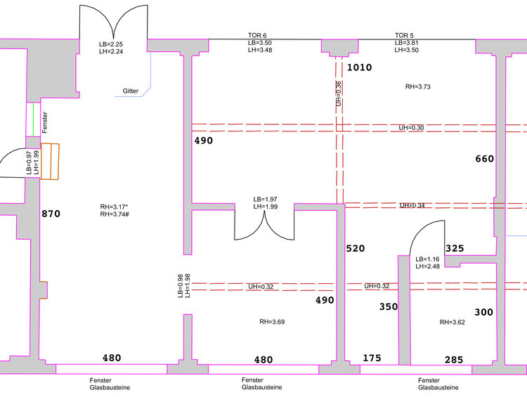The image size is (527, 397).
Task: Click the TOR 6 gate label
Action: click(x=257, y=35)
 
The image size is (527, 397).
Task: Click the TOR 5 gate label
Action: click(x=404, y=35)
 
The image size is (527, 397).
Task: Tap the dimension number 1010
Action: click(x=359, y=67)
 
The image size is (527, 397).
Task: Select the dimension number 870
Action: click(x=51, y=214)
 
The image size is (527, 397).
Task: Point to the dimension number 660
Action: click(x=485, y=159)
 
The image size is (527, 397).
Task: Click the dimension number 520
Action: click(x=356, y=249)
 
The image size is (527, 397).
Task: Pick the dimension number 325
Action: click(x=455, y=249)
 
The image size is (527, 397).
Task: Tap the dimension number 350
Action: click(x=389, y=306)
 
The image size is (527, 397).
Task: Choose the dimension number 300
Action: click(x=483, y=312)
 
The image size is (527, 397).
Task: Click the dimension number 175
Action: click(x=372, y=358)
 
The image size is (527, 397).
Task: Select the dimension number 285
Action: click(x=454, y=360)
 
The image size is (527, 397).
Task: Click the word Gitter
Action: click(x=131, y=91)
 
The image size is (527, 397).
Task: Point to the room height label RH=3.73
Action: click(x=418, y=86)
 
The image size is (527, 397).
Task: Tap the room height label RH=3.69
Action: click(x=272, y=322)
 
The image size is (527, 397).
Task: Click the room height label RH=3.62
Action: click(x=453, y=323)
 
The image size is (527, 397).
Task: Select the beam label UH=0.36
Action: click(x=339, y=93)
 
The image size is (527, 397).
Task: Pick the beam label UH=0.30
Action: click(x=411, y=128)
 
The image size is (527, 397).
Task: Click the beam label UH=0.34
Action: click(x=412, y=205)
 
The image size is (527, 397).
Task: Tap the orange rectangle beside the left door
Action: click(x=50, y=162)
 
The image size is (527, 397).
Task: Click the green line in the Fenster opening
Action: click(x=33, y=119)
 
